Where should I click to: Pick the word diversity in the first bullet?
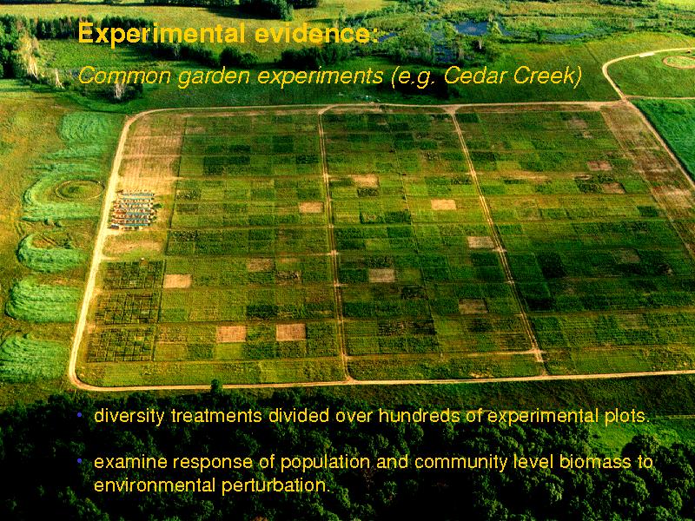click(129, 416)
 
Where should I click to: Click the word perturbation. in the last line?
click(276, 485)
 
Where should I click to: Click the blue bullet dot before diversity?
click(80, 415)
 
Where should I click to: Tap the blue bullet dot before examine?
click(80, 461)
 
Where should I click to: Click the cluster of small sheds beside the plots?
click(133, 209)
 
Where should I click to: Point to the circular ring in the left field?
click(79, 189)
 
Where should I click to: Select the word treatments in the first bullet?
click(216, 416)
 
